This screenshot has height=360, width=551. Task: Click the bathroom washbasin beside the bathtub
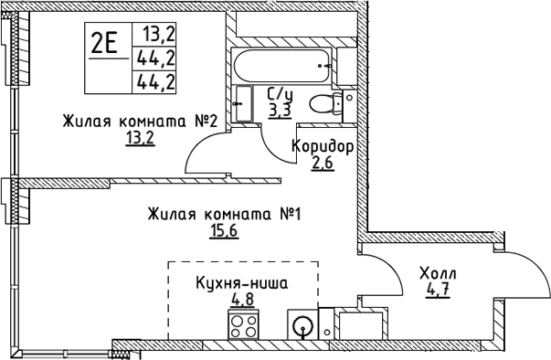(x=243, y=101)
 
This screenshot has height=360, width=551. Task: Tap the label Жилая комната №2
(x=139, y=122)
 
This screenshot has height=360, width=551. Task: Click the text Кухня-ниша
(x=242, y=282)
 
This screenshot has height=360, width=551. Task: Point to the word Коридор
(x=323, y=146)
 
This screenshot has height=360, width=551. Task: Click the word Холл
(x=438, y=274)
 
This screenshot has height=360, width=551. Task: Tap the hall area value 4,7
(x=437, y=291)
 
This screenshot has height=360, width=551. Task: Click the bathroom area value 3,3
(x=281, y=110)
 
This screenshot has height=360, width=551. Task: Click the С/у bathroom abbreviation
(x=279, y=93)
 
